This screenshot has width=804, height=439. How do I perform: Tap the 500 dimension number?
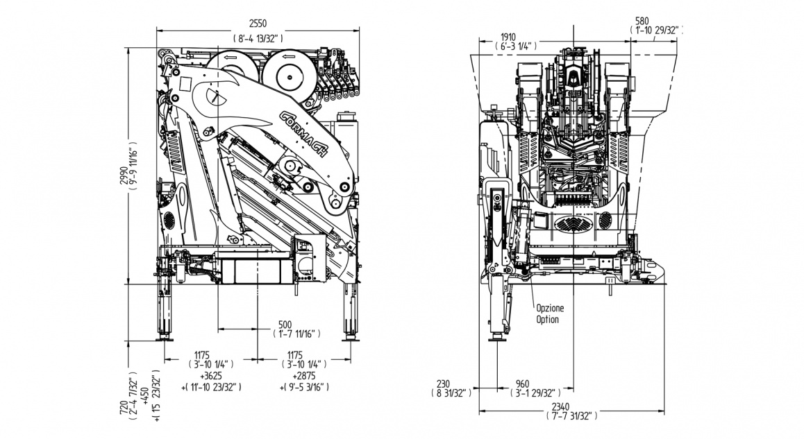tap(285, 323)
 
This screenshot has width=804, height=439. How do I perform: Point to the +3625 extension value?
tap(211, 375)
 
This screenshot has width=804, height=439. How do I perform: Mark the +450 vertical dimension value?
tap(144, 397)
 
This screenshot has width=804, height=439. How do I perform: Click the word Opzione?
tap(550, 307)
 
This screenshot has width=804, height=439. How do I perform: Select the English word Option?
tap(547, 320)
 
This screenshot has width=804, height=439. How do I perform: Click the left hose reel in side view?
tap(231, 70)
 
